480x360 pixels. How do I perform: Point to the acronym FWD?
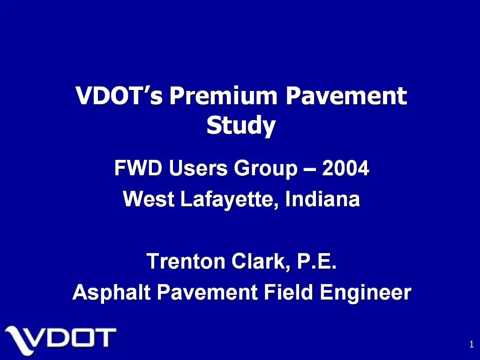pos(138,168)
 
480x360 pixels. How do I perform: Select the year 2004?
pos(346,168)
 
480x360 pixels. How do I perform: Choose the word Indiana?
pos(322,200)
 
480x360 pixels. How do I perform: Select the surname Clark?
pos(261,261)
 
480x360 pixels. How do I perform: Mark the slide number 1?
pos(471,345)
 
